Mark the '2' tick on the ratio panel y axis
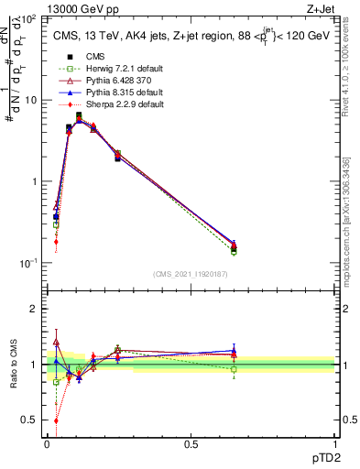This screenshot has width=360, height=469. [34, 309]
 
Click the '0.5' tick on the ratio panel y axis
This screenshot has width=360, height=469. [29, 420]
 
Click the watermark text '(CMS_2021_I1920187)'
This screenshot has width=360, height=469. [190, 273]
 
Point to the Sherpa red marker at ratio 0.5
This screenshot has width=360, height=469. [56, 420]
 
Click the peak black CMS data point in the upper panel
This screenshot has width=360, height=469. [79, 115]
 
